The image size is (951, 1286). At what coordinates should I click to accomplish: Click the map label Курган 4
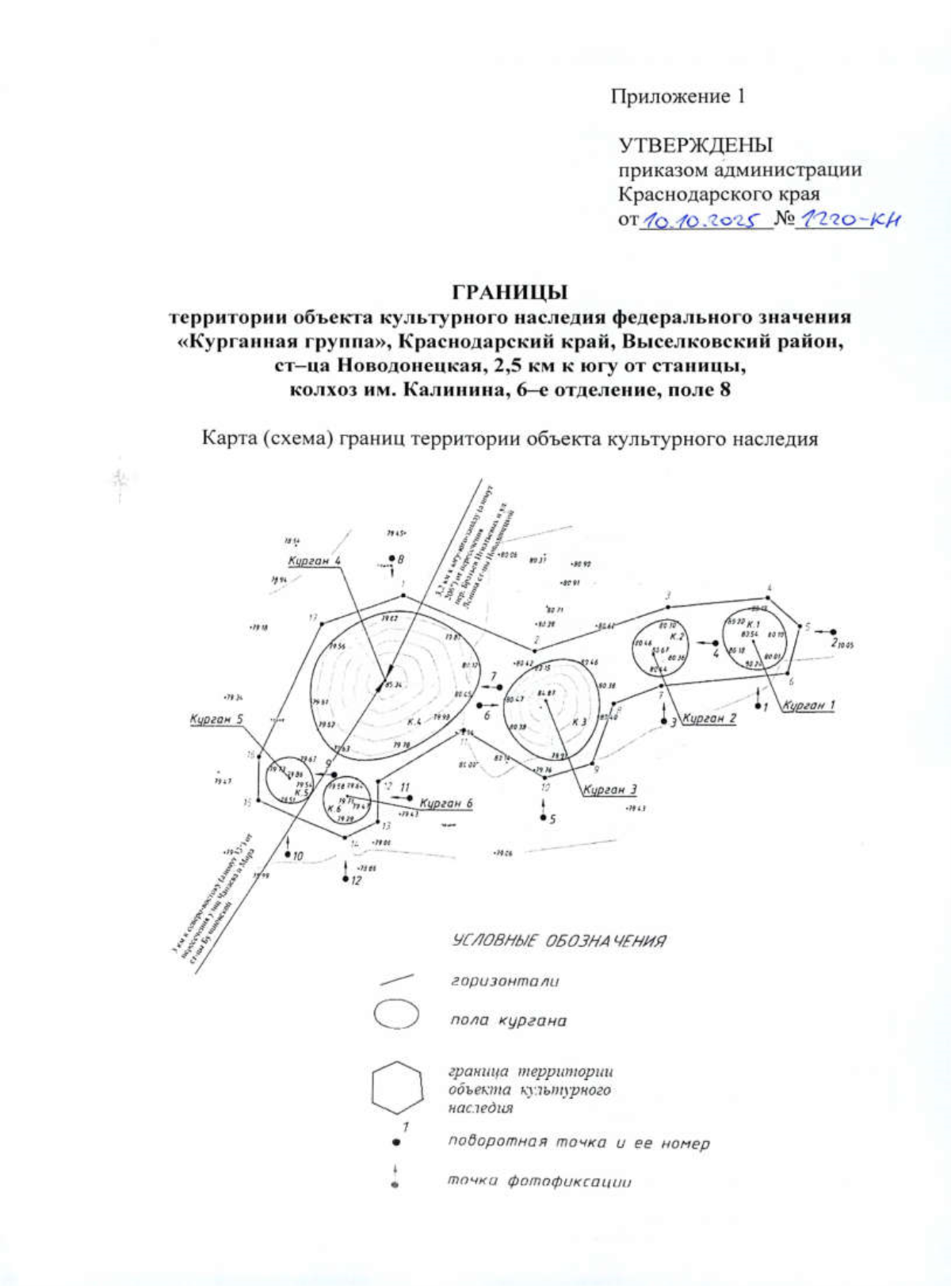[x=315, y=561]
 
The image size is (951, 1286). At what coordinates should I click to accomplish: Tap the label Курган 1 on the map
[x=808, y=705]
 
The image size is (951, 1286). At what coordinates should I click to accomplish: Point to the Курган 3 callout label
[x=609, y=790]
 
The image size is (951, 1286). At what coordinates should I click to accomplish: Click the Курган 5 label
[x=216, y=719]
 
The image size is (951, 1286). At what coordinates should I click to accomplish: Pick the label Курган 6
[x=446, y=803]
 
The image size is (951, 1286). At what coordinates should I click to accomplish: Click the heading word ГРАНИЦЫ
[x=510, y=292]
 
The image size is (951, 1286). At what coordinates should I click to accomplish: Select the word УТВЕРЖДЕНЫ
[x=695, y=145]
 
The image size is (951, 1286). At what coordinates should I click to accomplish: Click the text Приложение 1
[x=677, y=97]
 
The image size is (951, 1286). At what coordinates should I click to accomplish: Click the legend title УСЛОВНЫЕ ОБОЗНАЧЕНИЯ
[x=559, y=941]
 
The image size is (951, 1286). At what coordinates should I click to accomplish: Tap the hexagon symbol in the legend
[x=396, y=1088]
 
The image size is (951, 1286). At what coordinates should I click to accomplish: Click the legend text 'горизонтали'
[x=505, y=981]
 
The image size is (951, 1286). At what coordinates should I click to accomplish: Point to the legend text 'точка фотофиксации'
[x=540, y=1181]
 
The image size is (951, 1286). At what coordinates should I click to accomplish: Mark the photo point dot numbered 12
[x=346, y=879]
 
